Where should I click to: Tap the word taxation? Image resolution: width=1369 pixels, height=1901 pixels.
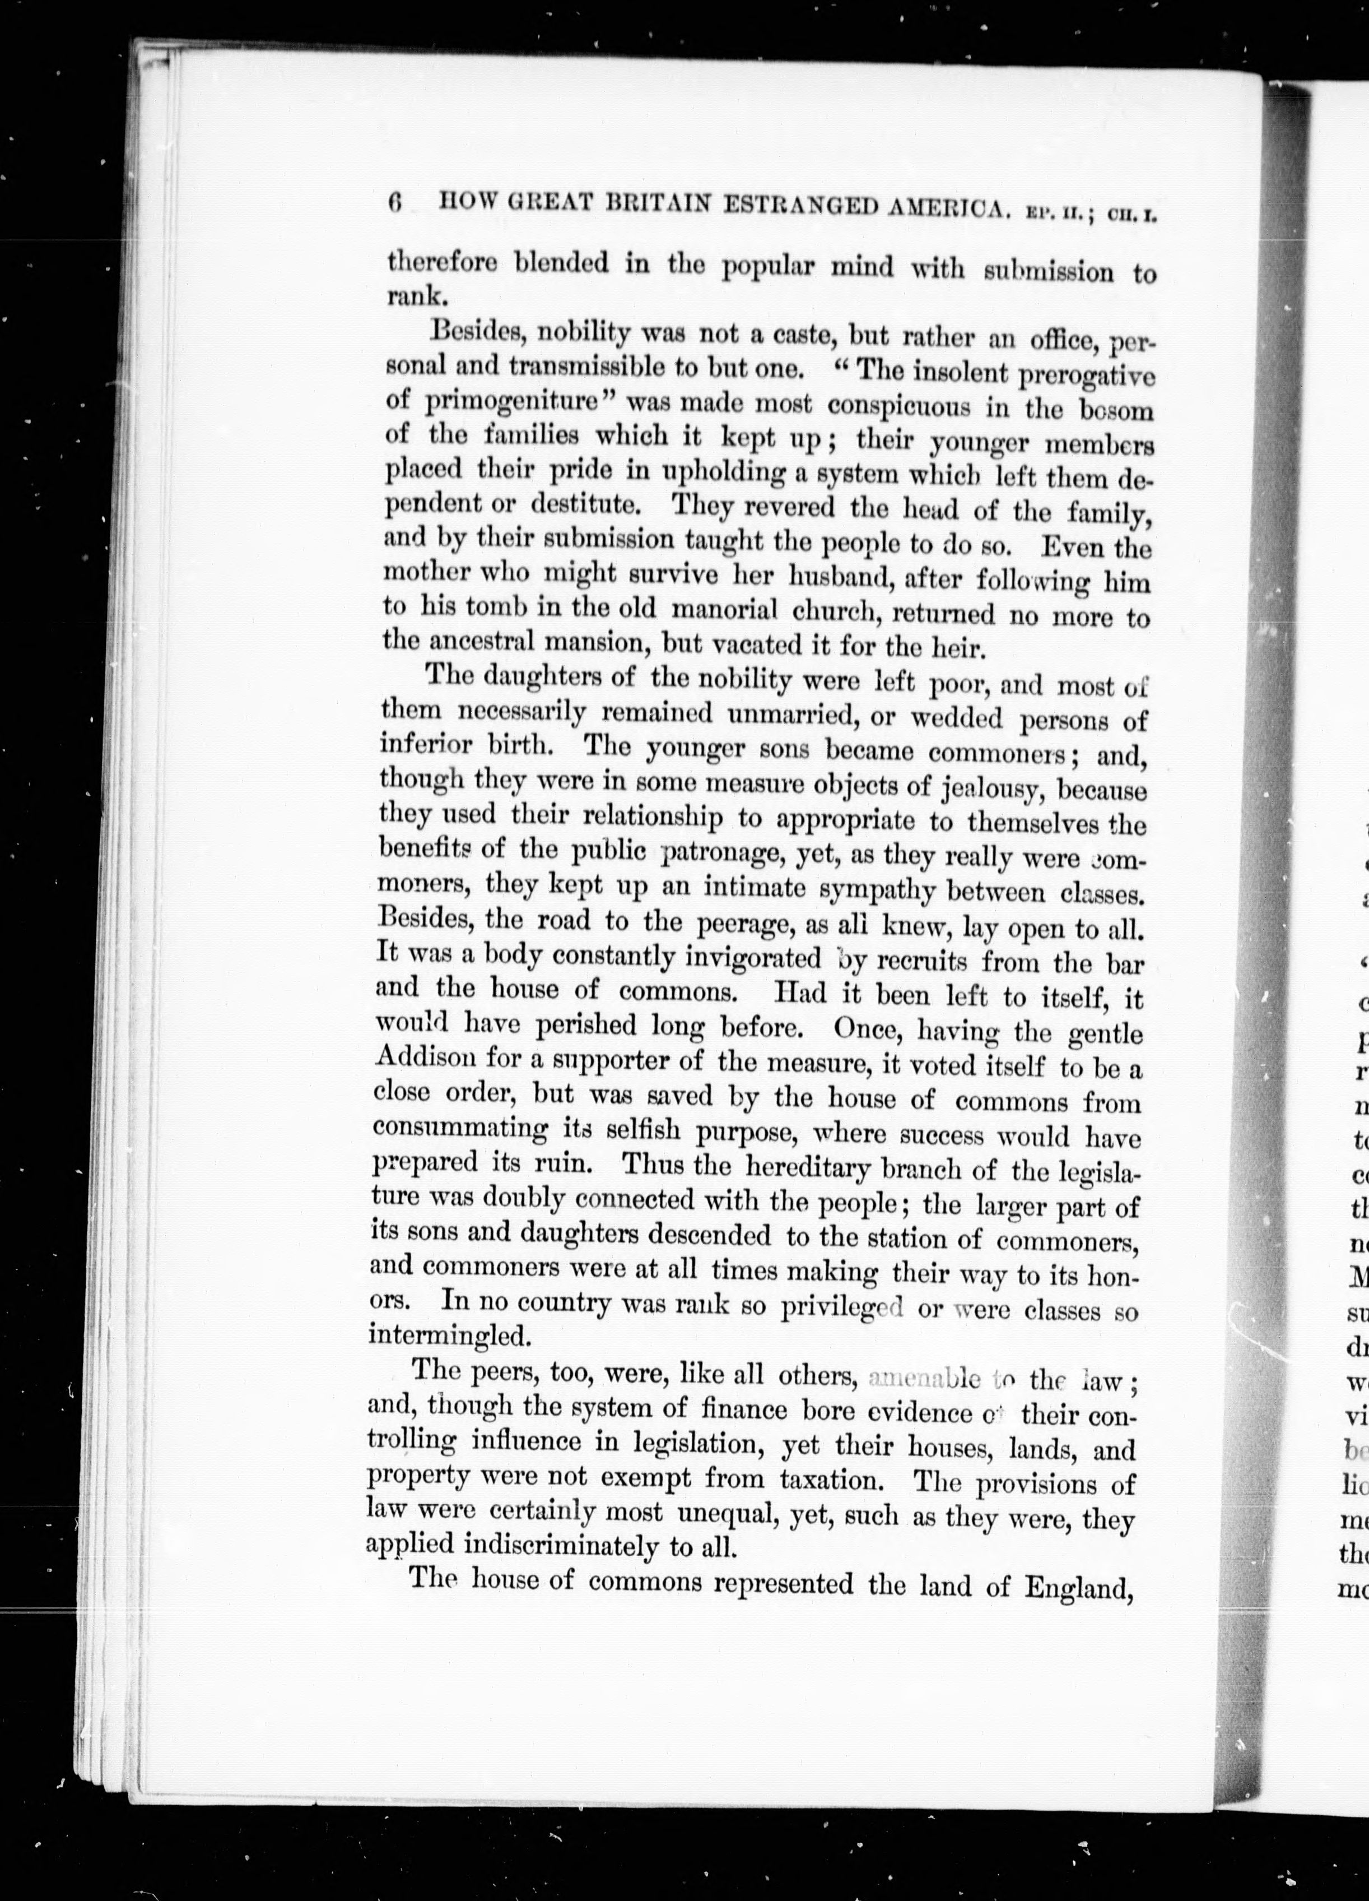tap(831, 1480)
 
